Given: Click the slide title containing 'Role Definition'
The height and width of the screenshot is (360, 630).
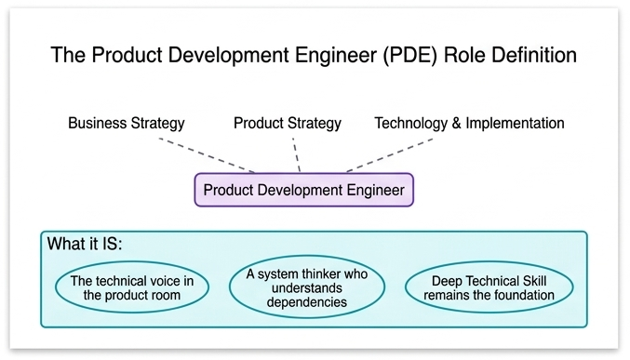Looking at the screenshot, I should click(x=314, y=55).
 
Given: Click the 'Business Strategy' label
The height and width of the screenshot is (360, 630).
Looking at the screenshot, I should click(x=127, y=123).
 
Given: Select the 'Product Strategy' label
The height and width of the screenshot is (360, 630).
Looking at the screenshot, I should click(x=288, y=123).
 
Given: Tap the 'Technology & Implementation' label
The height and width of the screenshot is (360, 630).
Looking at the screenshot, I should click(x=469, y=123).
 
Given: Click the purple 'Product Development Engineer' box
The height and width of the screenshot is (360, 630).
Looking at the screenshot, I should click(x=303, y=190).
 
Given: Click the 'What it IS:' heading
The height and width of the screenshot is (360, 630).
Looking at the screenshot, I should click(x=85, y=246).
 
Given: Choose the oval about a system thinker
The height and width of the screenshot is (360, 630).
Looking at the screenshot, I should click(x=307, y=288).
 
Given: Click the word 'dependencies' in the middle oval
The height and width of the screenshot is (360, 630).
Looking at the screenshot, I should click(x=307, y=302).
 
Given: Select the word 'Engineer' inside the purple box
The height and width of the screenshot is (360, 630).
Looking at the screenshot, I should click(x=375, y=190).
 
